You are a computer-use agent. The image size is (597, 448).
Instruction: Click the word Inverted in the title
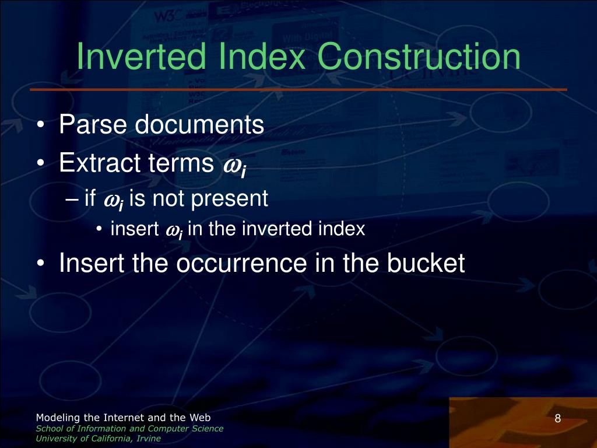141,56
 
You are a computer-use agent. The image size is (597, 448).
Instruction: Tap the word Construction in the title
422,57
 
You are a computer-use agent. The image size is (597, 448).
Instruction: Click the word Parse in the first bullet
93,124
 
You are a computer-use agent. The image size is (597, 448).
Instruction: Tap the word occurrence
241,263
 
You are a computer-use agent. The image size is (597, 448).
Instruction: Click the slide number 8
558,419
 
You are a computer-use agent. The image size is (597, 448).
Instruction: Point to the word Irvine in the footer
149,439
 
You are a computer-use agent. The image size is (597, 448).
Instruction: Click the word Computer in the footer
167,429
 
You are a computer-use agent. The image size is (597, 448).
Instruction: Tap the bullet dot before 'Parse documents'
41,125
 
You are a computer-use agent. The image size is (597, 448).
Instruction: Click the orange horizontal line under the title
298,90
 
